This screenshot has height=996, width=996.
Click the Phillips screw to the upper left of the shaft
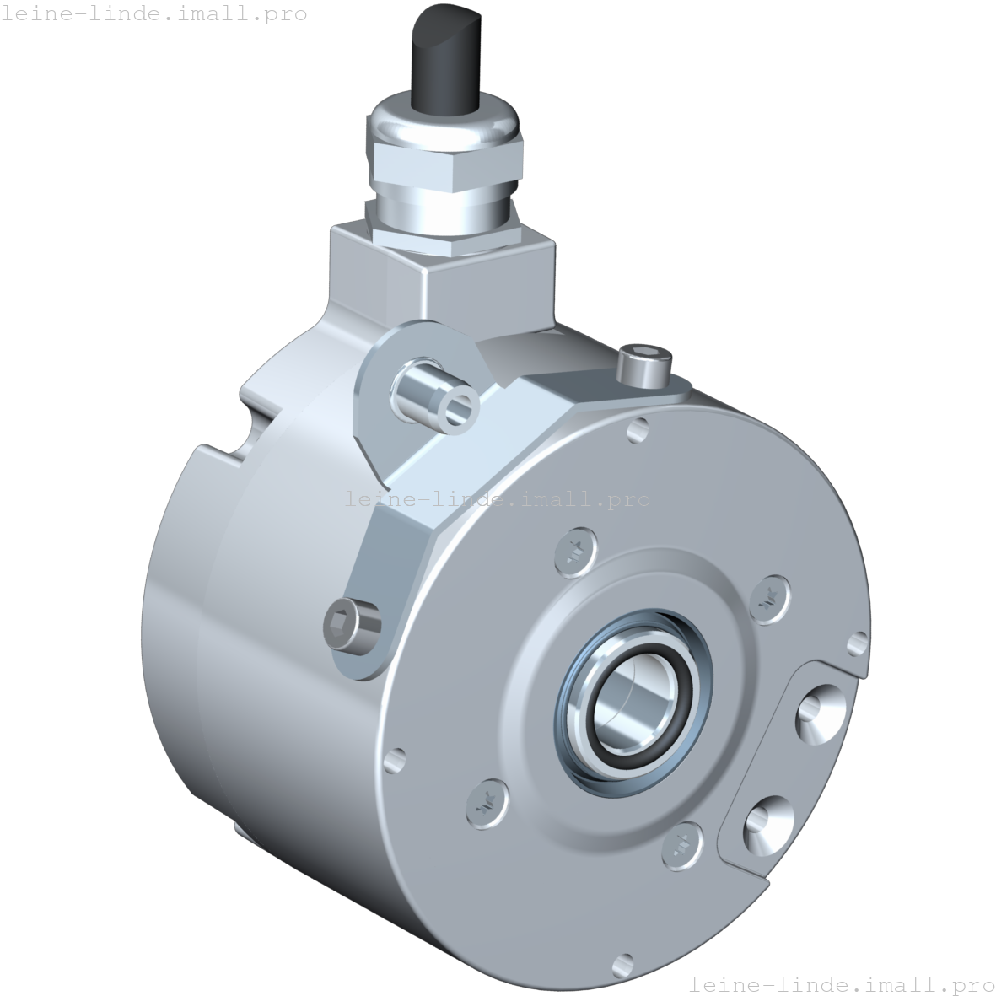point(576,552)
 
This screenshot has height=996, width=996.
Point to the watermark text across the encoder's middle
point(498,500)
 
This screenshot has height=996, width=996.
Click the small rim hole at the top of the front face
point(639,432)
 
